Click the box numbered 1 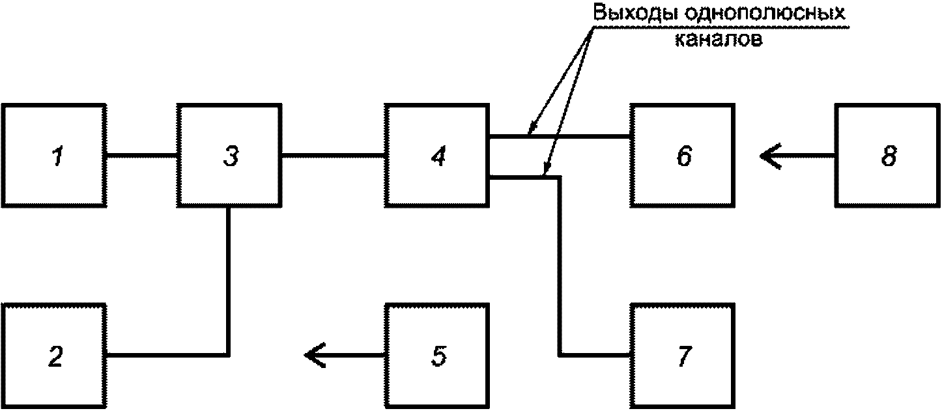(x=53, y=155)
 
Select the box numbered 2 (x=53, y=355)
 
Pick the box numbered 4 (x=436, y=155)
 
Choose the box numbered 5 (x=436, y=355)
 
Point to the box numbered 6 (x=682, y=155)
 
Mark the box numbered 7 (x=682, y=355)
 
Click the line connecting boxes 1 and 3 (x=141, y=155)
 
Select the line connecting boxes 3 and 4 (x=332, y=155)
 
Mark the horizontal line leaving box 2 (x=166, y=355)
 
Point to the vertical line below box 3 (x=228, y=280)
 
